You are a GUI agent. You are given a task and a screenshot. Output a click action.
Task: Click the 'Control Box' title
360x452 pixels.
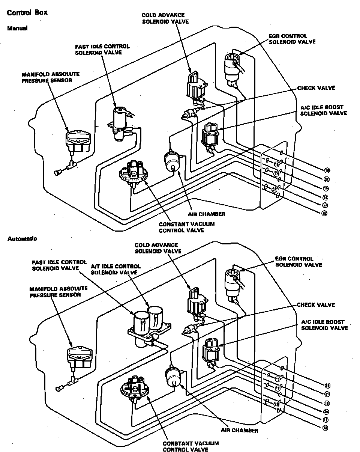coord(27,13)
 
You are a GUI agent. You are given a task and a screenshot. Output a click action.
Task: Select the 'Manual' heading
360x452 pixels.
coord(18,28)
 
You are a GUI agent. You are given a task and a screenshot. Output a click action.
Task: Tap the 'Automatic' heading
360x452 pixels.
coord(22,239)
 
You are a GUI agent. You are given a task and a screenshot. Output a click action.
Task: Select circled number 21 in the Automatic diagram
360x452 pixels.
coord(327,394)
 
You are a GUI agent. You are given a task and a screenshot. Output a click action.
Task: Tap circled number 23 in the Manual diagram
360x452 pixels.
coord(274,190)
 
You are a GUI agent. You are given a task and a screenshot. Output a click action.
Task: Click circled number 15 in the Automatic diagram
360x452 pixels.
coord(278,379)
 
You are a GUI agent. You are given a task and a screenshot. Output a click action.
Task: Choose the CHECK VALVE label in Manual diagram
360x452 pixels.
coord(316,88)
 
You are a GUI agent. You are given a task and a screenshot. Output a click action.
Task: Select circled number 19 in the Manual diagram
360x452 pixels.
coord(325,188)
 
